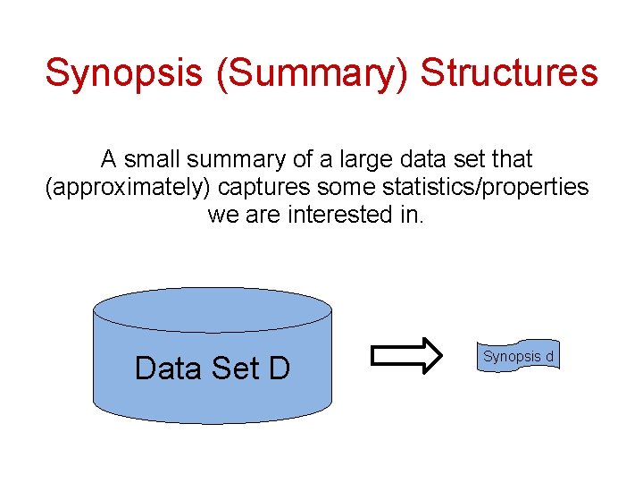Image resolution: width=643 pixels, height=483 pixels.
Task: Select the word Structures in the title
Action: [x=509, y=73]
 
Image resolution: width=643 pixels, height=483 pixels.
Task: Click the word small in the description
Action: [x=153, y=160]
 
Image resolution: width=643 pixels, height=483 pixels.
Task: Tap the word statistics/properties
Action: [x=480, y=188]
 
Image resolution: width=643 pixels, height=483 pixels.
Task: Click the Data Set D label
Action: [x=213, y=368]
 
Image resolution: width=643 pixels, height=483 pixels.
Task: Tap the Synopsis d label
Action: [x=518, y=356]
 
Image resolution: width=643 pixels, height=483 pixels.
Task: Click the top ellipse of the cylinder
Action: [x=213, y=309]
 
